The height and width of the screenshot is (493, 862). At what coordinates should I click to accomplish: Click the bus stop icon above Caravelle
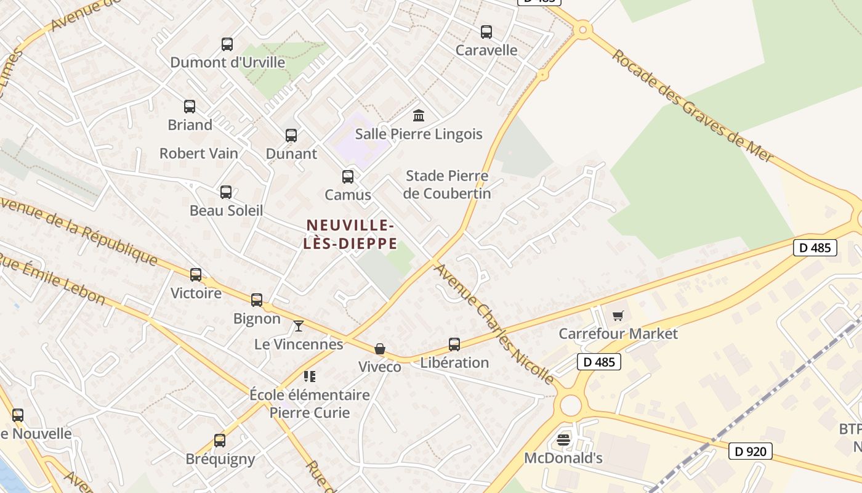tap(486, 32)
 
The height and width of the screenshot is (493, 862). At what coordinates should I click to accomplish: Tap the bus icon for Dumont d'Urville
tap(227, 44)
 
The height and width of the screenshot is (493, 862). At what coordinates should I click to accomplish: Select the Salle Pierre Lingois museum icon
tap(419, 115)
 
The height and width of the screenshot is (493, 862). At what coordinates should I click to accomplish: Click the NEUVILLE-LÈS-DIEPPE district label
tap(351, 234)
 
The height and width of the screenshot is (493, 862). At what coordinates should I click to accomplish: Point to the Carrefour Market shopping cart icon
tap(618, 316)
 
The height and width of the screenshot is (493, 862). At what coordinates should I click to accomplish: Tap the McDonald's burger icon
tap(563, 439)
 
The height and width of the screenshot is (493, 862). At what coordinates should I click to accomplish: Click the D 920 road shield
tap(751, 451)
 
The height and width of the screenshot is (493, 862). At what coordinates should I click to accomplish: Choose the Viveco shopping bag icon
tap(380, 349)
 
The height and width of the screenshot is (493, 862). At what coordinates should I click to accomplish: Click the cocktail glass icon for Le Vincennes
tap(299, 325)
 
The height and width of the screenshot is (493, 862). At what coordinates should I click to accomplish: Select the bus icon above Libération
tap(454, 344)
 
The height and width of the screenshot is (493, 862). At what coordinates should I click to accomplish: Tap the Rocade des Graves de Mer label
tap(692, 106)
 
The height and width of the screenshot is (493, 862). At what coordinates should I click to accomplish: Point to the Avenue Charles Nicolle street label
tap(493, 322)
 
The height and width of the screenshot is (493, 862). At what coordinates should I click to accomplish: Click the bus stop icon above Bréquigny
tap(220, 441)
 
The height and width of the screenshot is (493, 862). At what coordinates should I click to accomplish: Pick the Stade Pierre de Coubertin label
tap(448, 184)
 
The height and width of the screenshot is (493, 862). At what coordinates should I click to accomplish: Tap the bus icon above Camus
tap(348, 177)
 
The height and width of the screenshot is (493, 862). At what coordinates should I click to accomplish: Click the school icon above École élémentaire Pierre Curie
tap(309, 376)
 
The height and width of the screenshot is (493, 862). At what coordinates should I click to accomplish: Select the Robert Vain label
tap(199, 153)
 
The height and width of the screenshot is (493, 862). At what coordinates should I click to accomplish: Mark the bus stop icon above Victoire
tap(196, 275)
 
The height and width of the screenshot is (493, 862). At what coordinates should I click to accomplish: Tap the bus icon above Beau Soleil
tap(226, 192)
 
